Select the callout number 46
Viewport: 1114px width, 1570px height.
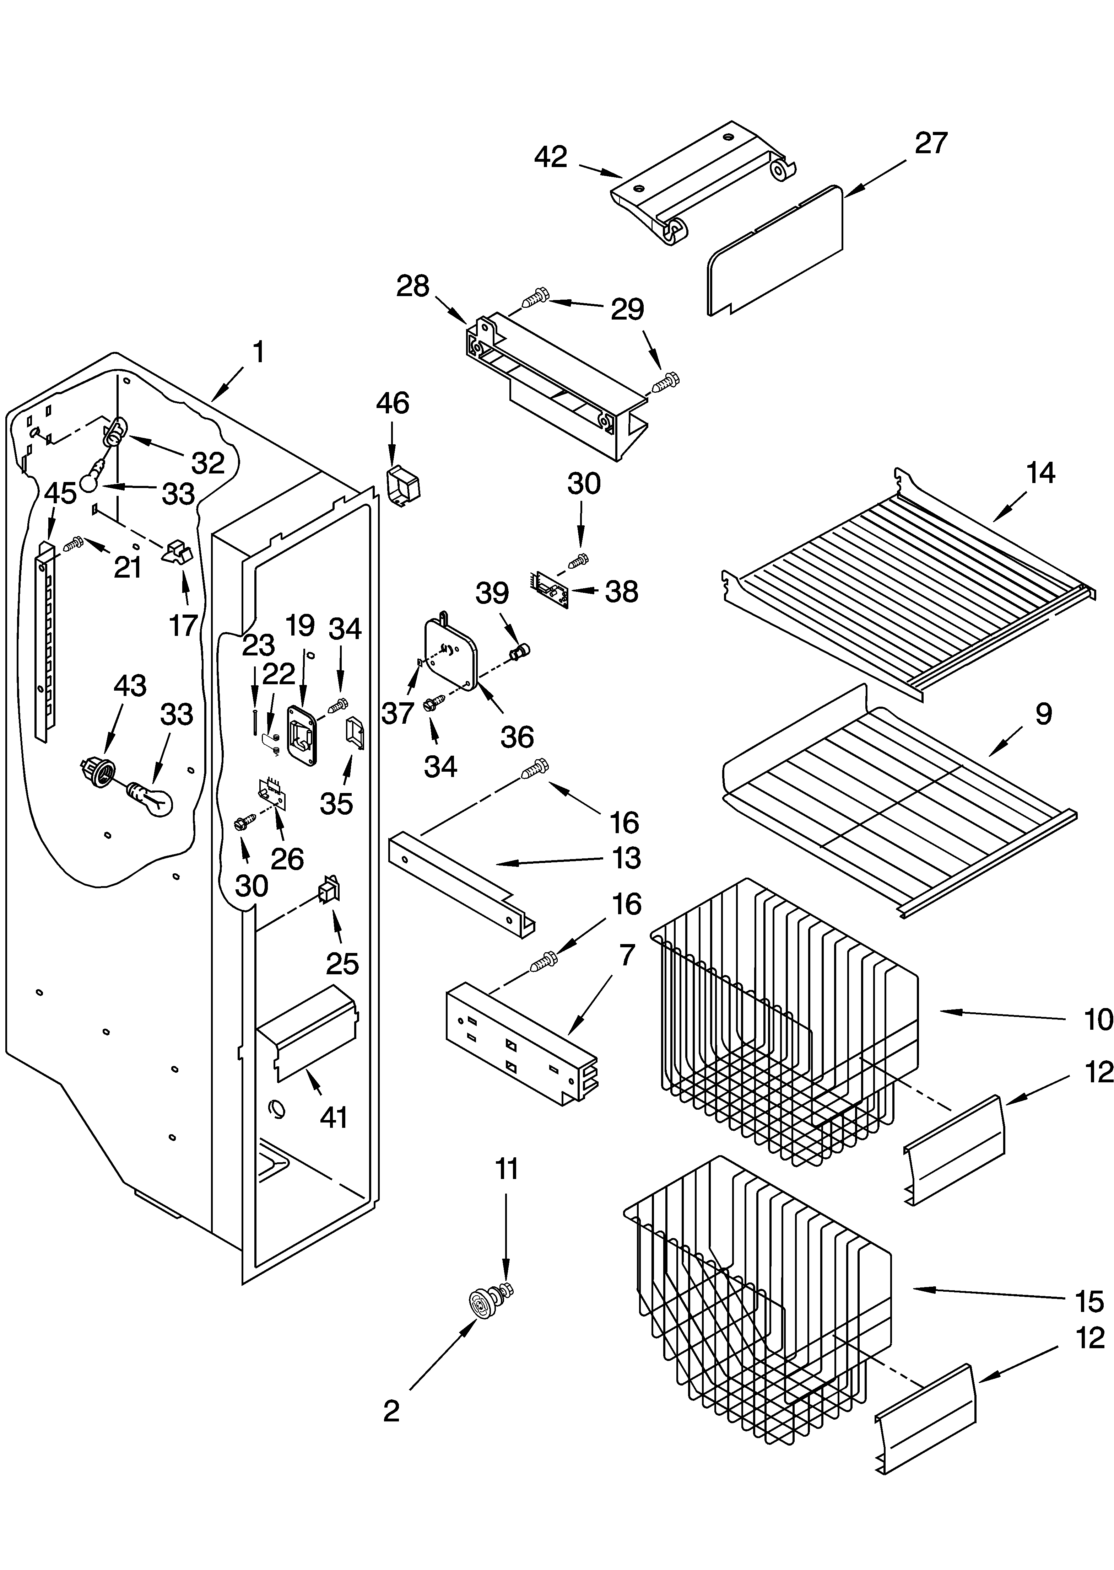393,403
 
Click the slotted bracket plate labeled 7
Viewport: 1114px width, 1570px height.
521,1043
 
